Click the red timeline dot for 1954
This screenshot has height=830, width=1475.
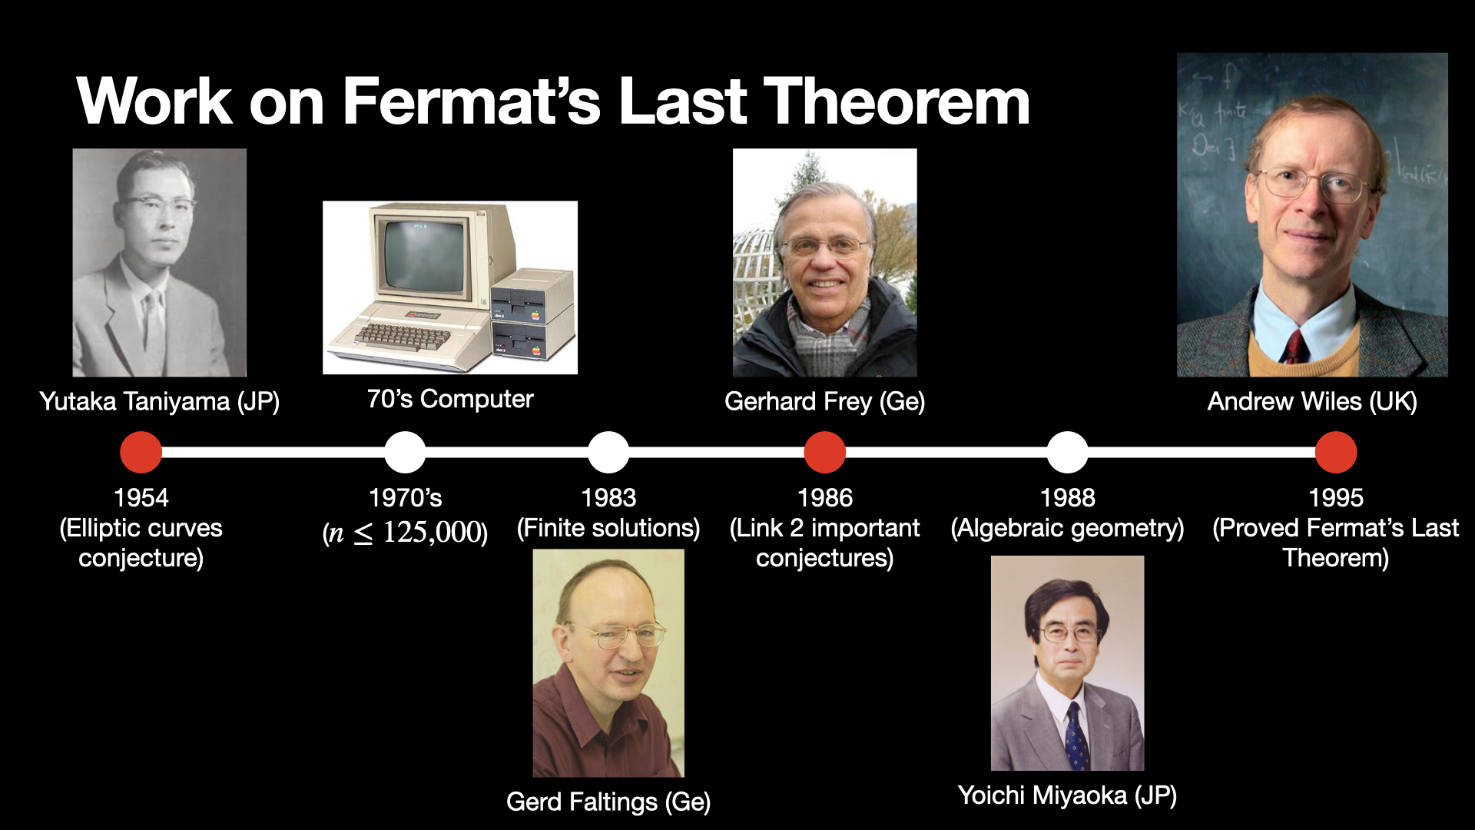coord(141,452)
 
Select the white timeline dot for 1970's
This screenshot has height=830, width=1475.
coord(405,452)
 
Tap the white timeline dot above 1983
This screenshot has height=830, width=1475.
coord(608,452)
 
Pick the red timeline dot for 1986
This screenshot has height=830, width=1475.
coord(825,452)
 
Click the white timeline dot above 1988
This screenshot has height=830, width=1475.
coord(1068,452)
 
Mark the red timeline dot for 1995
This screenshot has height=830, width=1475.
coord(1336,452)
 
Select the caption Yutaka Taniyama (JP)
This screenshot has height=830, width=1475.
coord(160,401)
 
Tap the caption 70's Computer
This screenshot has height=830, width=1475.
coord(450,399)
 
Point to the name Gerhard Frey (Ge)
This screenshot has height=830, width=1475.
coord(825,401)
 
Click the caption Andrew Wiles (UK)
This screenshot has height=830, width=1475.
coord(1312,401)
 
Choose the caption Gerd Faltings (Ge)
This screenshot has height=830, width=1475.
coord(608,802)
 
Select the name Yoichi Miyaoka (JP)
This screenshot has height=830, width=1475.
coord(1068,795)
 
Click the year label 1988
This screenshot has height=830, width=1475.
coord(1068,497)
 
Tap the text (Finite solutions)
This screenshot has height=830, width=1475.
coord(608,528)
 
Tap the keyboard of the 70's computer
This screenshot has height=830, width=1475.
coord(402,336)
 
